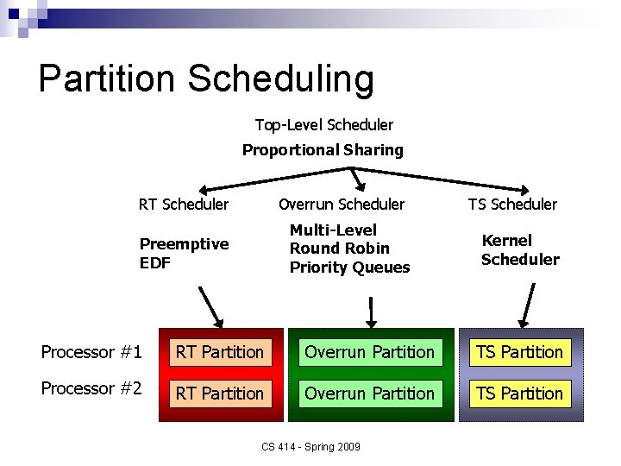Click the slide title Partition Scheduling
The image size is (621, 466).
[x=206, y=79]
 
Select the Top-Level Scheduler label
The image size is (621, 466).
[x=323, y=125]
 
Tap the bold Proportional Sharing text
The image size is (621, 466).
[x=323, y=150]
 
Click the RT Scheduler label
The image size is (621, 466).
[x=184, y=205]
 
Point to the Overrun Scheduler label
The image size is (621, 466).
[x=341, y=205]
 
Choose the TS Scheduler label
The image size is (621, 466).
[x=512, y=205]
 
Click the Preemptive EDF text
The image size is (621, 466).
[x=184, y=253]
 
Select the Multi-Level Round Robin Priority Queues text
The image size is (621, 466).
[x=349, y=249]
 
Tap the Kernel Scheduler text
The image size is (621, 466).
[x=520, y=249]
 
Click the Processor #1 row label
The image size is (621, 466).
[x=91, y=352]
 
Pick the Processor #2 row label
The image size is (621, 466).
[x=91, y=389]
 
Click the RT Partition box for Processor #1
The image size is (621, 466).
[x=220, y=352]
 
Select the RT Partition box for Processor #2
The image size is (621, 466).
[x=220, y=394]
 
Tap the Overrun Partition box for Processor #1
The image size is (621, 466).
[x=370, y=352]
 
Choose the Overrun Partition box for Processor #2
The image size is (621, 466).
[x=370, y=394]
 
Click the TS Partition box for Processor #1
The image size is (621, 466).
[x=519, y=352]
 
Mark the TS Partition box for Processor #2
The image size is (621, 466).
[x=519, y=394]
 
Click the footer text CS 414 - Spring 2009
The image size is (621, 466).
[x=311, y=446]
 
